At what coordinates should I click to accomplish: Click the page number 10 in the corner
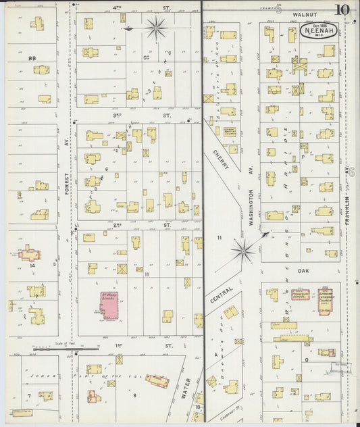pos(342,9)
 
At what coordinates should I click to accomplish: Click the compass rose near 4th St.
pos(156,28)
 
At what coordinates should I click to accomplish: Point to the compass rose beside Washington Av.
pos(243,251)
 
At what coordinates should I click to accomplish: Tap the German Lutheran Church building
pos(328,301)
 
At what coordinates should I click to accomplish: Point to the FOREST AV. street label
pos(67,182)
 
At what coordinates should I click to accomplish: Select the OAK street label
pos(303,272)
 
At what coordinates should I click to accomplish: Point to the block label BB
pos(32,59)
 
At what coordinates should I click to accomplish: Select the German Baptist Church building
pos(230,133)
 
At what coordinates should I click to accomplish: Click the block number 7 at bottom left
pos(28,395)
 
